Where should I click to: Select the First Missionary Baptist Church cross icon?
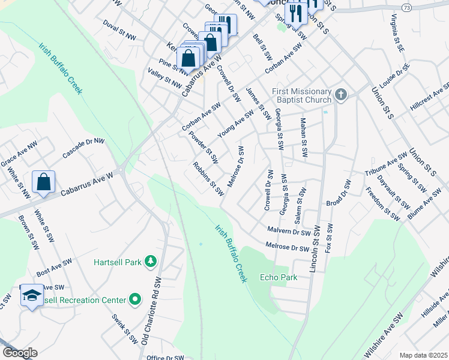click(341, 94)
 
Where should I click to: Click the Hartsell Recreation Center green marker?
click(136, 299)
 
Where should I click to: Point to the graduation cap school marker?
click(31, 296)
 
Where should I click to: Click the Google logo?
click(20, 353)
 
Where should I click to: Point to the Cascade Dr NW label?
click(83, 148)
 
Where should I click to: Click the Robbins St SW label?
click(208, 179)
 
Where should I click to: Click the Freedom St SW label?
click(382, 204)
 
